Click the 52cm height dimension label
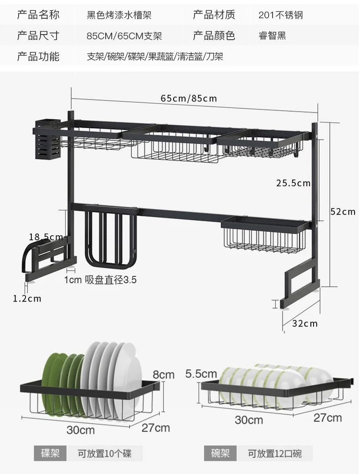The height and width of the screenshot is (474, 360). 343,212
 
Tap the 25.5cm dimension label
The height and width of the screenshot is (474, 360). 293,183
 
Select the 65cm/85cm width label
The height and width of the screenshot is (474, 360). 189,98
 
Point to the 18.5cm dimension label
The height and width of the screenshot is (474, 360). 46,237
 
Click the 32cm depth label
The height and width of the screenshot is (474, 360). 305,323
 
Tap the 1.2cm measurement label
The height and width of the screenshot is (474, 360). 27,299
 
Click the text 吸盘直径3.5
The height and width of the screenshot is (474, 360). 111,280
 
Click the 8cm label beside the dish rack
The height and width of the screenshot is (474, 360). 164,375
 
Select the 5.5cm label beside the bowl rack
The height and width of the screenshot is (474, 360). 201,374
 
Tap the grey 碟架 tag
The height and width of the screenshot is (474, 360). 50,454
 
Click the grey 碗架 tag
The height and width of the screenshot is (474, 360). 220,454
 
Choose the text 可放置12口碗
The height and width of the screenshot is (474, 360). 275,454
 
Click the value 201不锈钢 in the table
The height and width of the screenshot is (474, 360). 281,15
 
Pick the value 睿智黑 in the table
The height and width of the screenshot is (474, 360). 272,36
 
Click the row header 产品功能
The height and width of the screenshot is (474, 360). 38,56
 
